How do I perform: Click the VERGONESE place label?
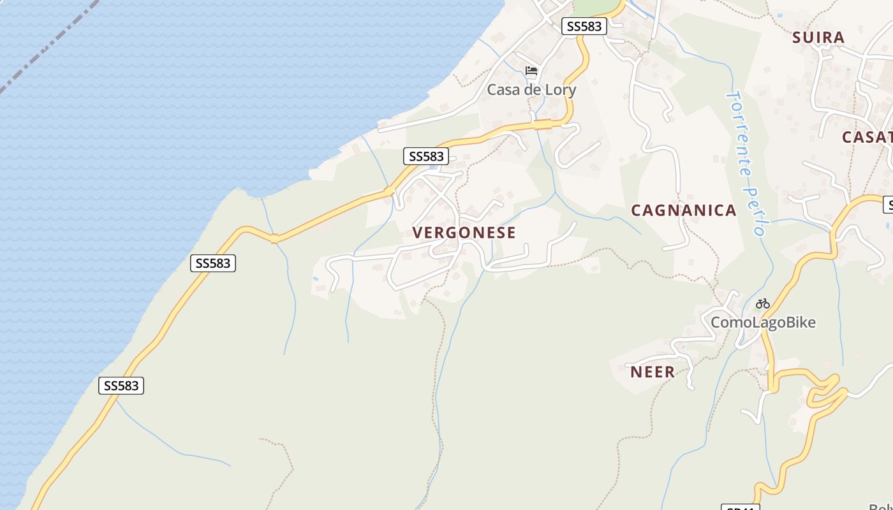(x=464, y=233)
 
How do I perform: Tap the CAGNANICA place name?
(x=684, y=210)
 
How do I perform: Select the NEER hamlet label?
(x=653, y=372)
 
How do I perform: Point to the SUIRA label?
(x=818, y=38)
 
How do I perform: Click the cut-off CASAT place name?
(x=867, y=137)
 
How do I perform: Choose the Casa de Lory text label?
(x=531, y=90)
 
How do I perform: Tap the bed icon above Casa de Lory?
(x=531, y=71)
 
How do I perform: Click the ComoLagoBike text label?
(x=763, y=323)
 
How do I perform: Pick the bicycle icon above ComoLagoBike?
(x=763, y=303)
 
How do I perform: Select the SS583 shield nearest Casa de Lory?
(x=584, y=26)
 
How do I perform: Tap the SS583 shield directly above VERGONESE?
(x=426, y=156)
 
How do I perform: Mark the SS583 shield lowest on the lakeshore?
(x=121, y=386)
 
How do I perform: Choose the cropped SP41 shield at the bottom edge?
(x=741, y=507)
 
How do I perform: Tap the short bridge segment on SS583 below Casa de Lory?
(x=543, y=124)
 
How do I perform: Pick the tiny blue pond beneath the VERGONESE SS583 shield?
(x=434, y=168)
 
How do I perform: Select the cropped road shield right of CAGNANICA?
(x=888, y=205)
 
